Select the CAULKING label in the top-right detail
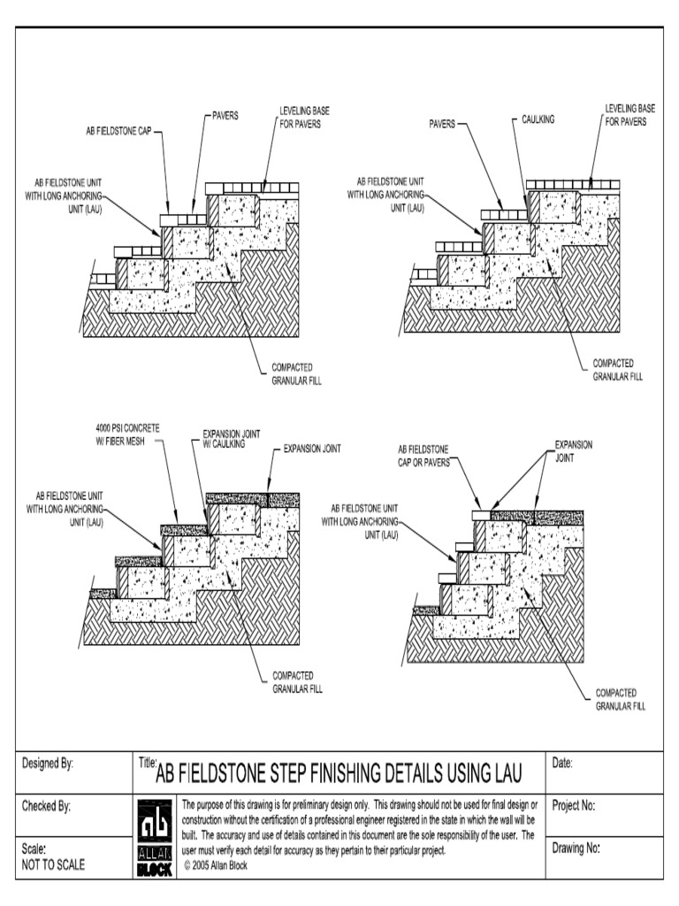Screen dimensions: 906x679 [538, 119]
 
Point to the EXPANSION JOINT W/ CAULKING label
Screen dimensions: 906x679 [224, 440]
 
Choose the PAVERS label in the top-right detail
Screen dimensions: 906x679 [442, 125]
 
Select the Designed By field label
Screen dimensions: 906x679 [47, 764]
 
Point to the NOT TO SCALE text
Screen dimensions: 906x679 [53, 864]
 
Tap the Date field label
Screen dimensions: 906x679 [563, 763]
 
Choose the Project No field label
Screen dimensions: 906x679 [574, 806]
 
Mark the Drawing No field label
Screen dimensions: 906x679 [576, 848]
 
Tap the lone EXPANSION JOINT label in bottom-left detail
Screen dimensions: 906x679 [312, 449]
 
